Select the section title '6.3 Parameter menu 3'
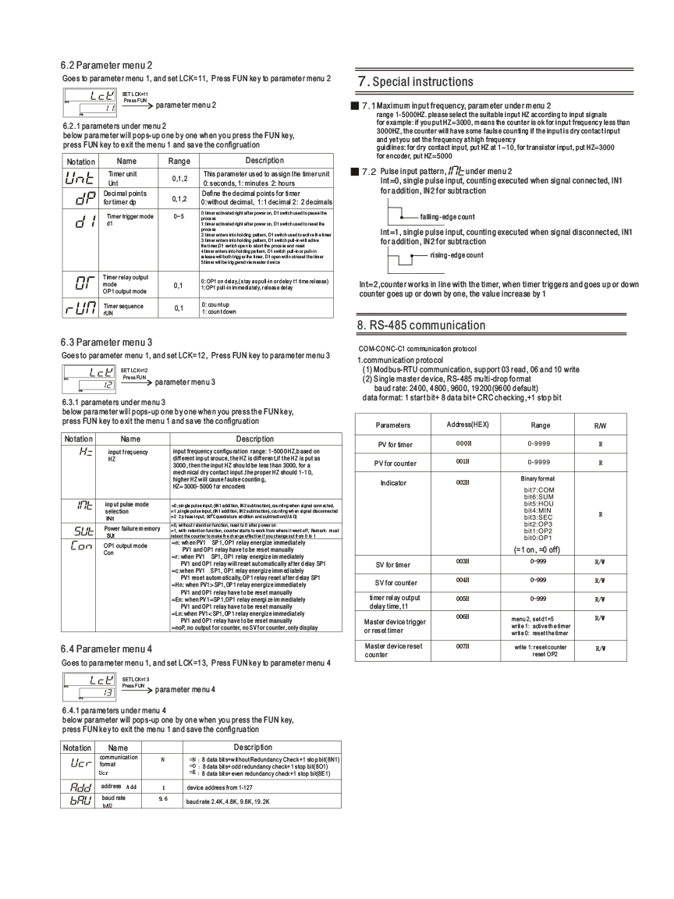pos(107,341)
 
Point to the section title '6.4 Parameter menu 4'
pos(107,648)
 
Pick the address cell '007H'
pos(463,647)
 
